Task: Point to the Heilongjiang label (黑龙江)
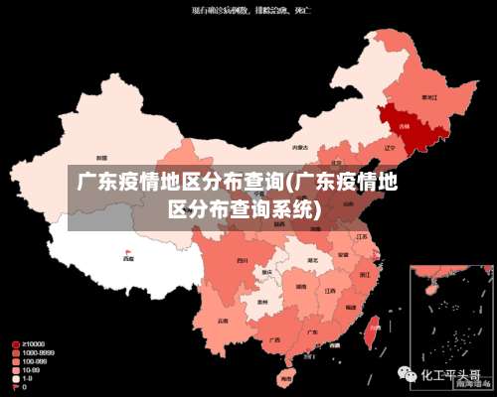coord(429,97)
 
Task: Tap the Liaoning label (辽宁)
coord(390,148)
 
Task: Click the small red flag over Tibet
coord(127,251)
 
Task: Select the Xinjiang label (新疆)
coord(101,157)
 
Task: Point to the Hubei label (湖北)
coord(312,260)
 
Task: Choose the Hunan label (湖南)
coord(301,287)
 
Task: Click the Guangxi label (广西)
coord(273,338)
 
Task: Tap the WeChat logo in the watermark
coord(407,376)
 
